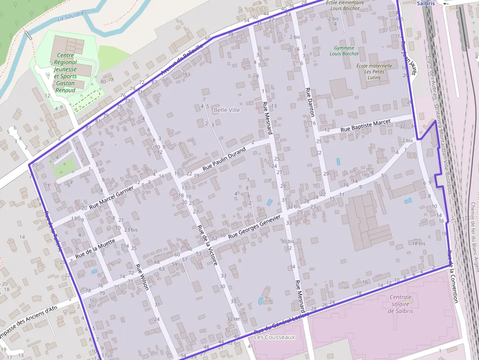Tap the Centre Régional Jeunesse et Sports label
coord(65,73)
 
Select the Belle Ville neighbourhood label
coord(227,110)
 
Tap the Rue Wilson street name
coord(142,277)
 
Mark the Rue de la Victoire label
coord(207,245)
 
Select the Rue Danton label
coord(309,103)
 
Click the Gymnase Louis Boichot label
coord(344,51)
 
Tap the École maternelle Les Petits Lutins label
coord(374,71)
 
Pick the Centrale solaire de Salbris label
coord(401,304)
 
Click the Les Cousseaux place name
coord(275,337)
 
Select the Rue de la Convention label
coord(452,276)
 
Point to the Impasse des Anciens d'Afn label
coord(29,322)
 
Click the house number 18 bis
coord(419,243)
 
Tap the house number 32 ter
coord(233,318)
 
